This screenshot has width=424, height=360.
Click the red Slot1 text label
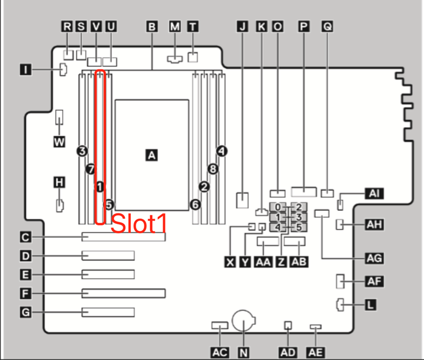point(138,224)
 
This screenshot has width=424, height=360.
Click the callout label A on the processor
point(152,155)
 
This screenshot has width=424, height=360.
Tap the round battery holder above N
point(244,321)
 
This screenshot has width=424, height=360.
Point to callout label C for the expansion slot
point(25,237)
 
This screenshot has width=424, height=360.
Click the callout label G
point(25,313)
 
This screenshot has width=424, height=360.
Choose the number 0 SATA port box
point(278,208)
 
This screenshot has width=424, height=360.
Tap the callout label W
point(59,142)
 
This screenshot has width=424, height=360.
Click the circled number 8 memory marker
point(213,169)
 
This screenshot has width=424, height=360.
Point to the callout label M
point(174,26)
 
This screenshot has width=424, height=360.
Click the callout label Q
point(327,26)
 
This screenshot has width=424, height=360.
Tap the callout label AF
point(373,282)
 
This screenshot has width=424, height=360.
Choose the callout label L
point(370,305)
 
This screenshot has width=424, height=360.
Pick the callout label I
point(25,69)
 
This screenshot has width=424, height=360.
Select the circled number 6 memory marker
point(195,204)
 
